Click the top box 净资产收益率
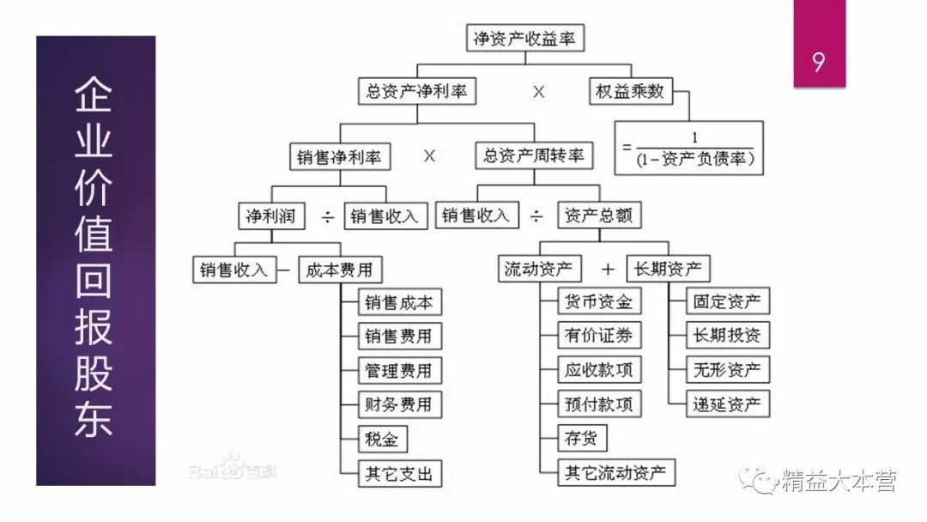(524, 39)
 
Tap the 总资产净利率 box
(417, 92)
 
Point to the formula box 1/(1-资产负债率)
(689, 148)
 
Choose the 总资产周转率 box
(533, 155)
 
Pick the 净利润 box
(270, 215)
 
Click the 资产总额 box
(599, 215)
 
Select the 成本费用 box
(340, 270)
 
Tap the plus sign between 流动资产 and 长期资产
(609, 270)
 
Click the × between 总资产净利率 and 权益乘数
(539, 92)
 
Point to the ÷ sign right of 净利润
(327, 216)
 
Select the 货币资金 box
(598, 302)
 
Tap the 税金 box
(381, 439)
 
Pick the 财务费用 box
(398, 404)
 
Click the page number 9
(819, 64)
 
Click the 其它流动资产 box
(615, 472)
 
